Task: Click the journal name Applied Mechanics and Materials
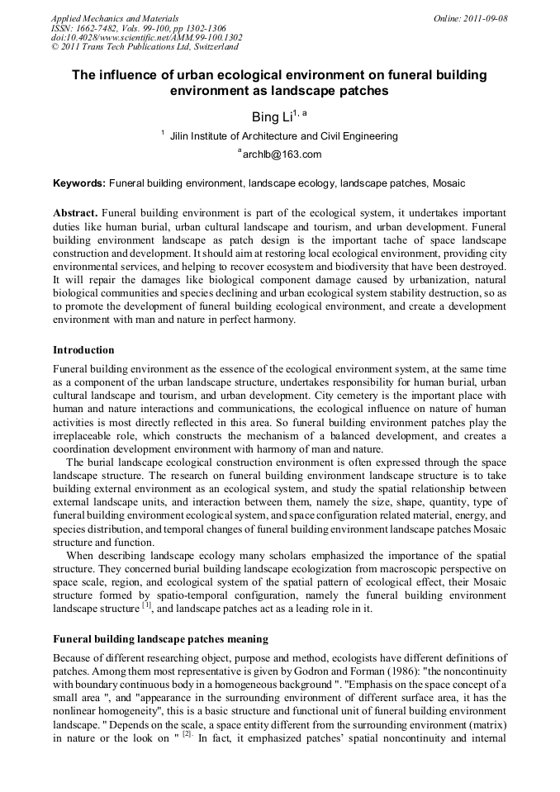tap(114, 17)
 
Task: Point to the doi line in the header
tap(146, 37)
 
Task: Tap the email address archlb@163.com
tap(282, 154)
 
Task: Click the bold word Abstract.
tap(75, 213)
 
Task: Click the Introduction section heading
tap(83, 350)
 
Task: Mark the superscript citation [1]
tap(147, 606)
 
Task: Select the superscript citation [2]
tap(187, 736)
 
